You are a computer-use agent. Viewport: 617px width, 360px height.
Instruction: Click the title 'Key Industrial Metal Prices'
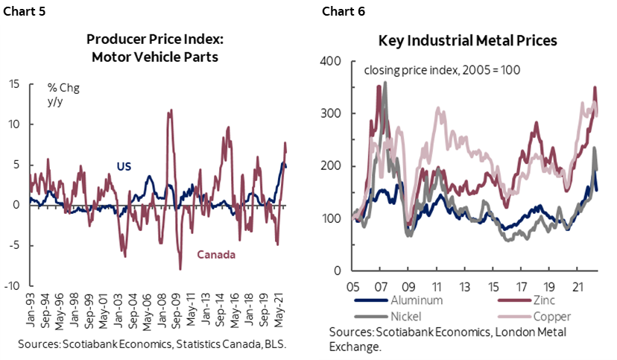[x=467, y=42]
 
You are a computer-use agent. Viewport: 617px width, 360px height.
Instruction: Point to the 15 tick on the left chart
[x=13, y=83]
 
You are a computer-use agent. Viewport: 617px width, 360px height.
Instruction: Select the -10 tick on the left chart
[x=12, y=285]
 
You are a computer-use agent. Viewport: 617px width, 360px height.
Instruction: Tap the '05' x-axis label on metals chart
[x=352, y=286]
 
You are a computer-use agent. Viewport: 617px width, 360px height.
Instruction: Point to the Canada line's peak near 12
[x=171, y=111]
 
